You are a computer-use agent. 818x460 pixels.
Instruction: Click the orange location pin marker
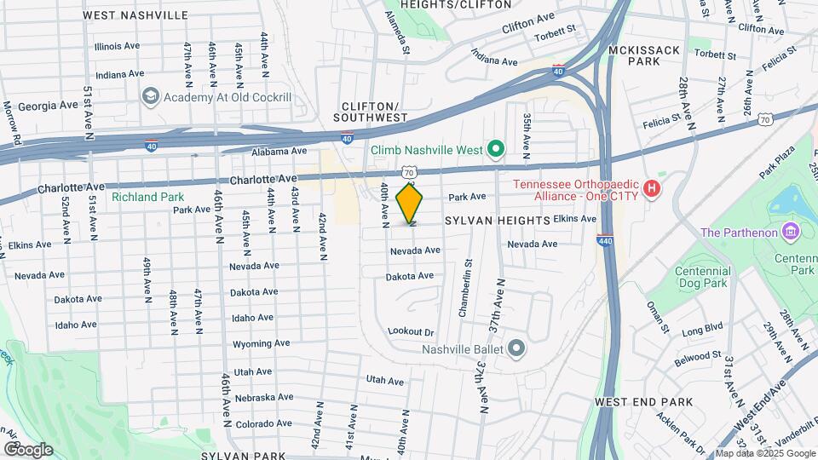coord(410,204)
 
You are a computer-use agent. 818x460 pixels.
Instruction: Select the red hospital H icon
coord(652,187)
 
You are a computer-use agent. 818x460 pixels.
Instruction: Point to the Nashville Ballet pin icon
coord(516,348)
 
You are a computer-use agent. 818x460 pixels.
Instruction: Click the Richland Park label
coord(142,196)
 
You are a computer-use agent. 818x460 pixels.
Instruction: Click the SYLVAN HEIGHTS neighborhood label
coord(498,221)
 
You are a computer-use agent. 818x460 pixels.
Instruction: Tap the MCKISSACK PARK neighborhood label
coord(645,56)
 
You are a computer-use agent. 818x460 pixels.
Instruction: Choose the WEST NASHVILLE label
coord(135,15)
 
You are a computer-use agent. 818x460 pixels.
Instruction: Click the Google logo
coord(28,449)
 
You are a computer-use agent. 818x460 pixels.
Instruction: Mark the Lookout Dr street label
coord(411,331)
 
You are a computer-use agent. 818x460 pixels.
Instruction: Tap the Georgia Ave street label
coord(45,106)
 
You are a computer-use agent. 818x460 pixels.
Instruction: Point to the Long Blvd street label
coord(702,327)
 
